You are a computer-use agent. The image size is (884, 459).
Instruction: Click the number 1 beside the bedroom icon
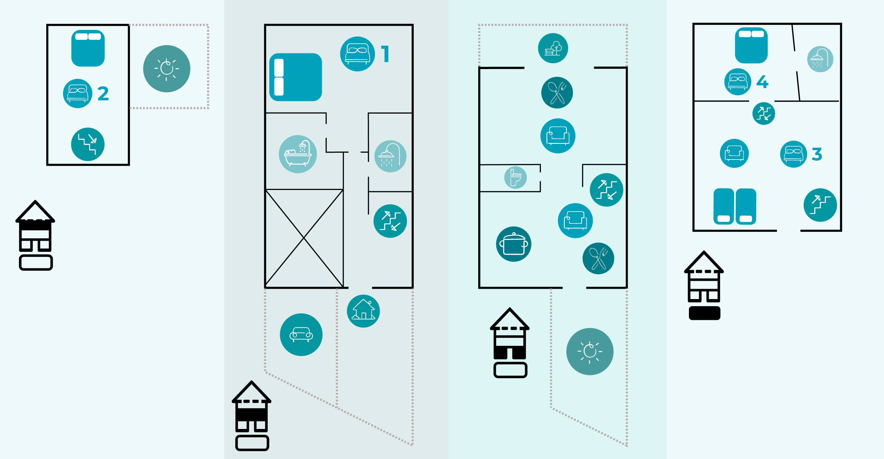point(385,54)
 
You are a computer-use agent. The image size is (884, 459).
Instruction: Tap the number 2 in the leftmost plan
point(103,94)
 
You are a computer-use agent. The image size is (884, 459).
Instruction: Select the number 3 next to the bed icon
point(817,154)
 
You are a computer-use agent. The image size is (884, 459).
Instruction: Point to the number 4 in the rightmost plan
point(762,82)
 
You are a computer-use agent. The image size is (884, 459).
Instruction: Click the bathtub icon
point(298,154)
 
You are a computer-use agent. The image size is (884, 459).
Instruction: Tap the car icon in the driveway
point(301,334)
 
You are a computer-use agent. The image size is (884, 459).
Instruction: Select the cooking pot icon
point(513,244)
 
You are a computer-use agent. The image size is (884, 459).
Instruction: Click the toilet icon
point(515,178)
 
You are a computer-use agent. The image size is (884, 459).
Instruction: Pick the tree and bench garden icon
point(553,48)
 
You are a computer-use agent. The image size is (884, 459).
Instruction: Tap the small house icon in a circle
point(363,311)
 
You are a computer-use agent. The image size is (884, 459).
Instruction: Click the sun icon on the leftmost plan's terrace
point(167,69)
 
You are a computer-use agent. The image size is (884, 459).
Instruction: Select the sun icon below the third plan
point(590,351)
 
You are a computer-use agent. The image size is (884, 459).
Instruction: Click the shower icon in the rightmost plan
point(820,59)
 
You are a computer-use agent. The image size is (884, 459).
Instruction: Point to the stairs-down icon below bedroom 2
point(88,144)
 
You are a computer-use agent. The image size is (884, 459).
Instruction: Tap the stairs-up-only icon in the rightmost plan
point(820,205)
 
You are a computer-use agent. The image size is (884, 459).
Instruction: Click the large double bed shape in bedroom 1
point(296,77)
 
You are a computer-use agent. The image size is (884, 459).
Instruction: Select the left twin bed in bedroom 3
point(724,206)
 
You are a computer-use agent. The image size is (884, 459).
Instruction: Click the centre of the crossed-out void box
point(304,238)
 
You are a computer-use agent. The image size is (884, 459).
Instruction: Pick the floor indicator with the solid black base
point(704,285)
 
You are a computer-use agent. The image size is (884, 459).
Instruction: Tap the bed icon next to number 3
point(794,154)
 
